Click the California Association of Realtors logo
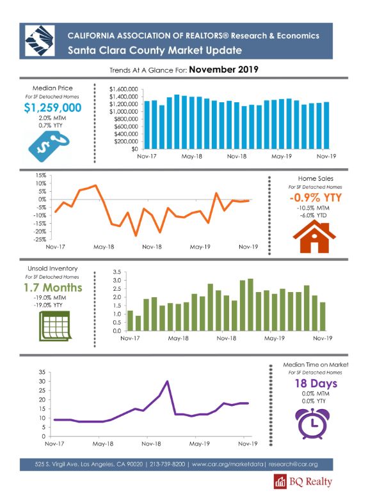click(40, 41)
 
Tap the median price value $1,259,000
click(52, 108)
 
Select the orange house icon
click(314, 236)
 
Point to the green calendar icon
click(54, 326)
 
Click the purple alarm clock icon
click(312, 424)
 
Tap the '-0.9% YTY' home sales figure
click(316, 198)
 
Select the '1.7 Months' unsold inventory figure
click(53, 288)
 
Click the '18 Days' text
click(316, 384)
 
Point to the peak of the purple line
click(167, 382)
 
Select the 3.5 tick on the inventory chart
click(117, 272)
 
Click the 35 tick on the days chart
click(42, 372)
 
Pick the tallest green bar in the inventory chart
click(250, 305)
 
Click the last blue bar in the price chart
click(326, 125)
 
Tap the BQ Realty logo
click(303, 481)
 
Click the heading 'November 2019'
click(224, 70)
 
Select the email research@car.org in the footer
click(293, 464)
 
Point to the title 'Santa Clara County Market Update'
click(155, 50)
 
